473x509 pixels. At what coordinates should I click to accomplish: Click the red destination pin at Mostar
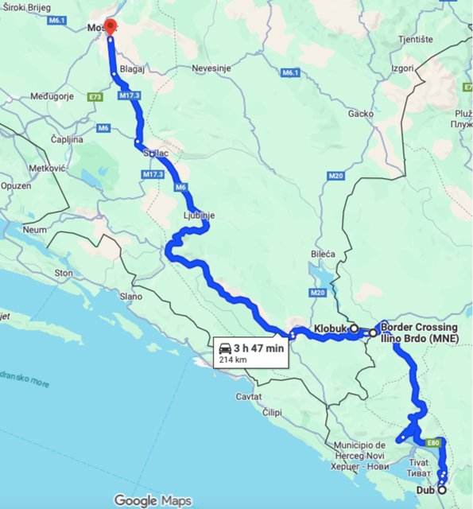click(110, 25)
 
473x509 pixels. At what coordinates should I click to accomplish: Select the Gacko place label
click(360, 114)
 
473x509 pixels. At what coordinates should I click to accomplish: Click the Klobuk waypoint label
click(330, 328)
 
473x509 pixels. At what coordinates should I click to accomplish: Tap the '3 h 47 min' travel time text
click(258, 348)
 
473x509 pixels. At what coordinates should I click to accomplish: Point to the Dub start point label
click(425, 490)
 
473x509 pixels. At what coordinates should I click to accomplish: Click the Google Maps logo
click(152, 500)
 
